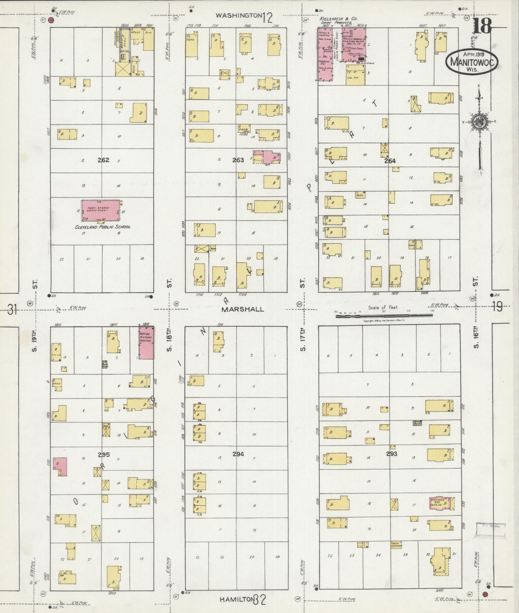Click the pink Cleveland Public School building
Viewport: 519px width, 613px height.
click(x=101, y=211)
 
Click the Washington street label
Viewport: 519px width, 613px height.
click(x=238, y=15)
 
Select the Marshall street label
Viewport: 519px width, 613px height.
click(x=242, y=309)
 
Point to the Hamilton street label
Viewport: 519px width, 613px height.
click(x=237, y=599)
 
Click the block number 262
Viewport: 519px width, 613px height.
click(x=103, y=160)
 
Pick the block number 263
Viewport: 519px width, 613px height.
click(x=238, y=160)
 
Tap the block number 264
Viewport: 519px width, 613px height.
click(x=390, y=161)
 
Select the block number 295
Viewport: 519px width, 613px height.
click(x=104, y=454)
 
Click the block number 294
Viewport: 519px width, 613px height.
click(x=238, y=454)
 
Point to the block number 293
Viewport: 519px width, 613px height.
click(x=391, y=453)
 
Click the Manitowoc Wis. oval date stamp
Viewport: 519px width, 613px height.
click(x=472, y=62)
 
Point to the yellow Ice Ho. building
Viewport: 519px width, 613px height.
click(x=356, y=75)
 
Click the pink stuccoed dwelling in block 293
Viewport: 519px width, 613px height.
click(x=440, y=503)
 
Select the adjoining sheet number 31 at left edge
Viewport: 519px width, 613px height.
click(x=13, y=309)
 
